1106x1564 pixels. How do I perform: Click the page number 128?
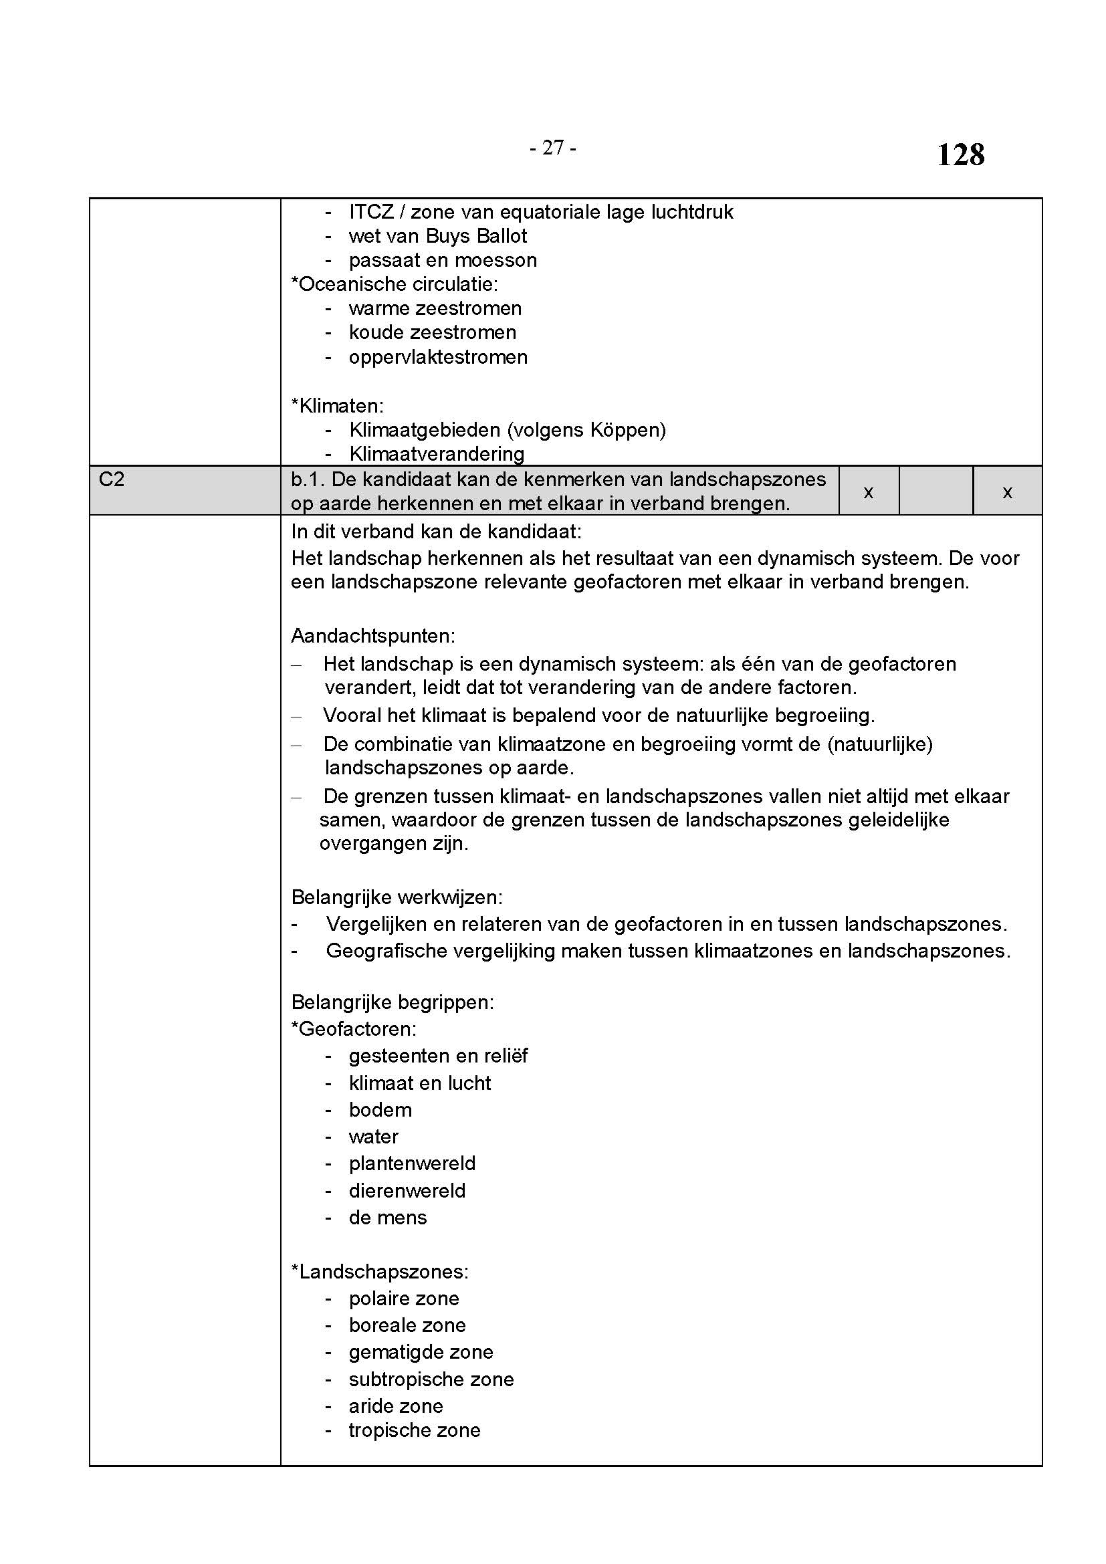point(960,154)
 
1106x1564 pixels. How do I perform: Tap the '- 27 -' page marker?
point(553,147)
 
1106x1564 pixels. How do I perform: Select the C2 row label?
point(112,479)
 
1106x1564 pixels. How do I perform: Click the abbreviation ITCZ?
point(371,212)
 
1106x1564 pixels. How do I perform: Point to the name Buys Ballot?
point(477,235)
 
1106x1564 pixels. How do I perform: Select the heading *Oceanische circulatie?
point(395,284)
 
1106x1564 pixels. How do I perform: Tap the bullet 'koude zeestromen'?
point(433,332)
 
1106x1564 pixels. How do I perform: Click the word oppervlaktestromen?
point(438,357)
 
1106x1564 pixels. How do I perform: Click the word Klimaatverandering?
point(437,453)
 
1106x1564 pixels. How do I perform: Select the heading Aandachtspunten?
point(372,635)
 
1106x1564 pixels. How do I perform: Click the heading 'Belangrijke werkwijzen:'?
point(397,897)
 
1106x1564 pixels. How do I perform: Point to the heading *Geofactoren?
point(354,1028)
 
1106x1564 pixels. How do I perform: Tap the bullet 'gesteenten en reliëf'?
point(438,1056)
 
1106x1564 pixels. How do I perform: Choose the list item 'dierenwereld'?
point(407,1191)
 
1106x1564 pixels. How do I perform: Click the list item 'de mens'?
point(388,1217)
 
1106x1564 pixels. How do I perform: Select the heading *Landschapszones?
point(379,1272)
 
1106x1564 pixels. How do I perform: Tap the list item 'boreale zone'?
point(407,1325)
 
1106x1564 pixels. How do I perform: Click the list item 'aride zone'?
point(396,1406)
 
